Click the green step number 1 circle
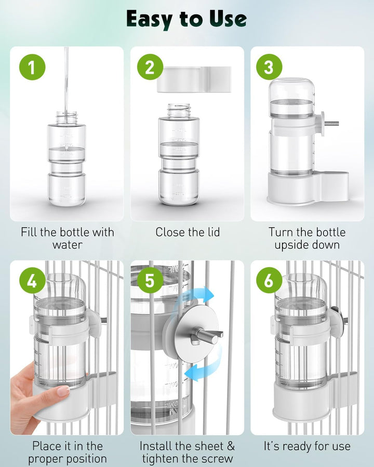click(x=32, y=67)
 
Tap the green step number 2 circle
click(x=150, y=67)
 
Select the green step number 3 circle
click(x=269, y=67)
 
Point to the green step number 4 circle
click(x=32, y=281)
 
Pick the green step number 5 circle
click(x=150, y=281)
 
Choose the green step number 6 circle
click(x=269, y=281)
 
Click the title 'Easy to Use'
click(x=186, y=19)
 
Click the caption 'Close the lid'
click(x=187, y=232)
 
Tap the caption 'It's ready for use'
click(x=306, y=446)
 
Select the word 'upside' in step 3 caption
click(x=292, y=244)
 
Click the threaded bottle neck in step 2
click(x=179, y=110)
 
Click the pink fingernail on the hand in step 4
click(x=63, y=391)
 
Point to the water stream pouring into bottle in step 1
click(x=66, y=78)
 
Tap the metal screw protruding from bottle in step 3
click(x=331, y=123)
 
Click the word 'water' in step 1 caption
click(x=68, y=244)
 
